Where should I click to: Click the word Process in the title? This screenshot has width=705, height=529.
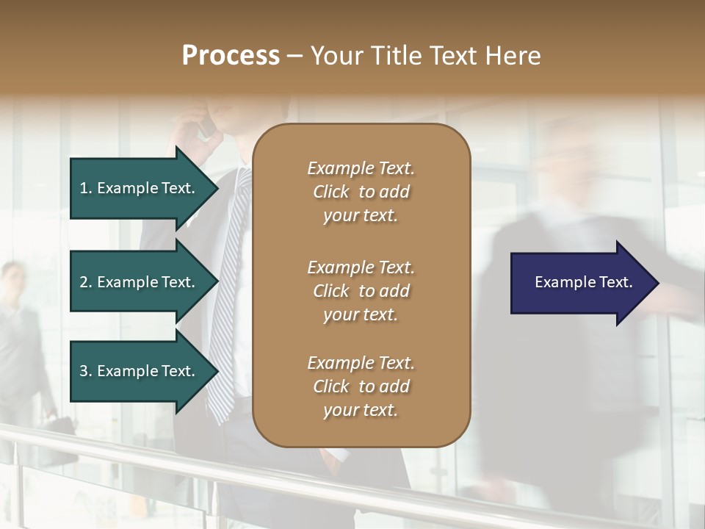231,56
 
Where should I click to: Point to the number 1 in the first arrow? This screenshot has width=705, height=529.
84,188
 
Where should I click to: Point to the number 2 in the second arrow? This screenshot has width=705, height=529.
84,282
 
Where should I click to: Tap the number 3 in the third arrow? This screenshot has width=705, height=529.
84,371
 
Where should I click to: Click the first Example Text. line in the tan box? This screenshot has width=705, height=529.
361,168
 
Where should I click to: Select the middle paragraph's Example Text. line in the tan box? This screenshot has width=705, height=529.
361,267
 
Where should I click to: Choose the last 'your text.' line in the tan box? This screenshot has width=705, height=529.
361,411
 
